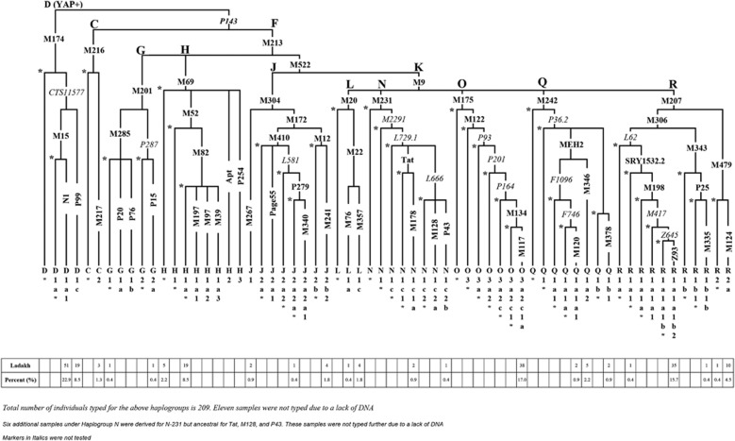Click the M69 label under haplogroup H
click(187, 83)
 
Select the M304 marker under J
click(271, 101)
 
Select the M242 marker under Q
click(547, 101)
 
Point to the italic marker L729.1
click(406, 140)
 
